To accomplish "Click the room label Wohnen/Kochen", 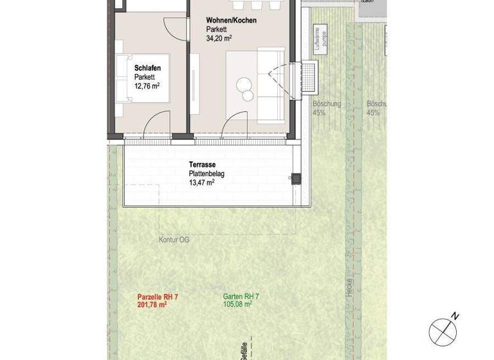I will [x=231, y=21].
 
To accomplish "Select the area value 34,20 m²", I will [x=219, y=39].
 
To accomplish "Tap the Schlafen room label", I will [x=147, y=67].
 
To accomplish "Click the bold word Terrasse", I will [x=201, y=164].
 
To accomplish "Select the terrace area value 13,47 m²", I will [x=201, y=183].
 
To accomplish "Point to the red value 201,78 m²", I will [x=152, y=305].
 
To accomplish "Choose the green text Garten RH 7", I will [x=241, y=296].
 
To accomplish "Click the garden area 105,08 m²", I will [x=237, y=305].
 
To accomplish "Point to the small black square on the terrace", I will [x=296, y=179].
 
